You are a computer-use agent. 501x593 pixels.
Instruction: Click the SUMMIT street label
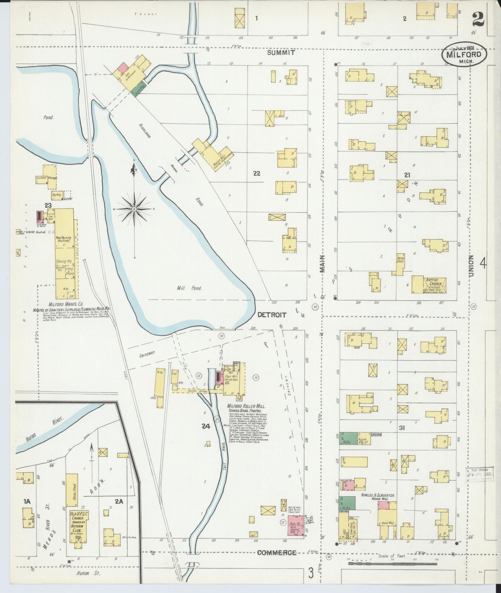[281, 53]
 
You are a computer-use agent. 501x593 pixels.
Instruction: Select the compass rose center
[134, 209]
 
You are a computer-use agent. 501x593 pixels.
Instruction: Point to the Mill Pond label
[189, 288]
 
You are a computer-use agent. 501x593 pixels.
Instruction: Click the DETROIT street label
[272, 315]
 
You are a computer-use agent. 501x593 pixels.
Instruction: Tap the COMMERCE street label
[277, 552]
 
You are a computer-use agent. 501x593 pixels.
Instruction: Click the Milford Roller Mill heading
[246, 406]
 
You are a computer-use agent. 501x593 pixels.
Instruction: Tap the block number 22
[257, 174]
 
